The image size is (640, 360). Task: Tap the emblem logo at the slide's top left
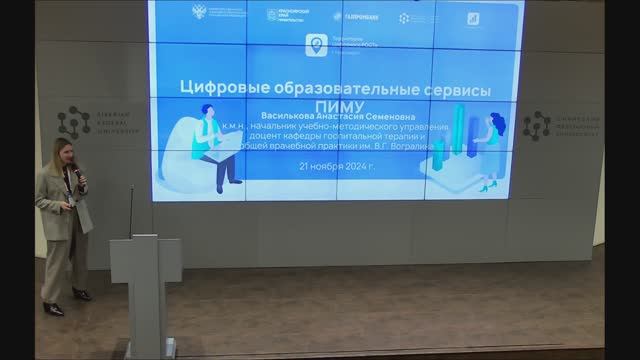203,13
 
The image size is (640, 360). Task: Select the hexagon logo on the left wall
73,122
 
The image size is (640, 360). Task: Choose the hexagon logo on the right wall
537,126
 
